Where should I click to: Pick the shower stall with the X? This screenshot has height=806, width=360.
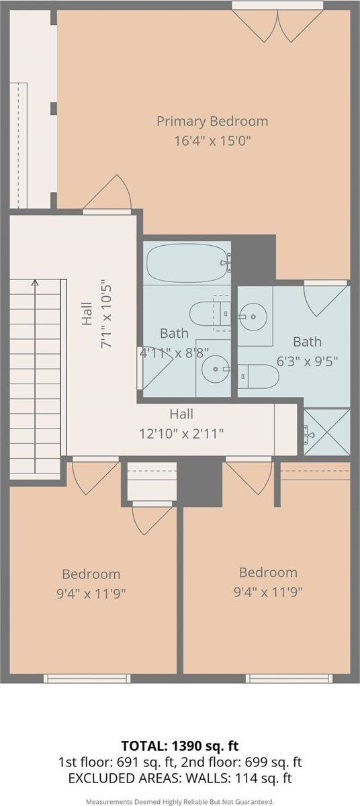pyautogui.click(x=326, y=431)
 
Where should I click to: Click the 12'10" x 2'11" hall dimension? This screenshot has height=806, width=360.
pyautogui.click(x=181, y=433)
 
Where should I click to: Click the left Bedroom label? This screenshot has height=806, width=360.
pyautogui.click(x=91, y=574)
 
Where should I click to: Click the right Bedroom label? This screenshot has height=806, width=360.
pyautogui.click(x=268, y=573)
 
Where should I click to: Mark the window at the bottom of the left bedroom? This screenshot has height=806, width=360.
pyautogui.click(x=92, y=678)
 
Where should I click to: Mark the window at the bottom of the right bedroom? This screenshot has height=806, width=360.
pyautogui.click(x=279, y=678)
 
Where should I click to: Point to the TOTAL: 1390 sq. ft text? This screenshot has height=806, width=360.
pyautogui.click(x=180, y=746)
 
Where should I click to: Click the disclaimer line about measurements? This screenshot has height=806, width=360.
pyautogui.click(x=180, y=802)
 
